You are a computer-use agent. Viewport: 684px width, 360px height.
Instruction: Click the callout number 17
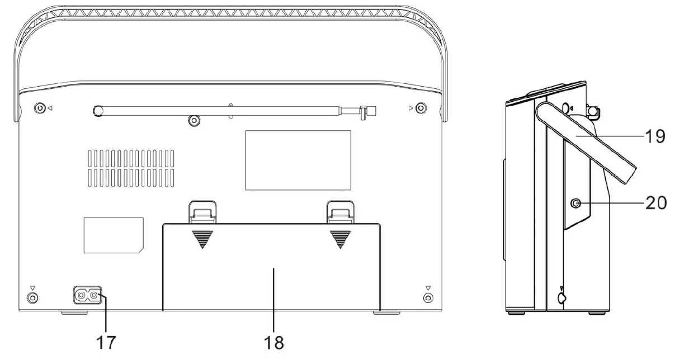pos(106,342)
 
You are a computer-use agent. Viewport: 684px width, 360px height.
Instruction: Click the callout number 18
pos(274,342)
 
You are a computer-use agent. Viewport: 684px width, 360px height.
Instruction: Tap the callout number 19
pos(655,136)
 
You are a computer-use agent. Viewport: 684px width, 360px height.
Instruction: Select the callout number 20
pos(656,202)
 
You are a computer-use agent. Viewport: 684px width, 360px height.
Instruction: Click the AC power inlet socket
pos(88,295)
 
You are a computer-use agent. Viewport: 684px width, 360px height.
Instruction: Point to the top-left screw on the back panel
pos(39,108)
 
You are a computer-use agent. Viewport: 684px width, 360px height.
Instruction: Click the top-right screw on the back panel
pos(421,108)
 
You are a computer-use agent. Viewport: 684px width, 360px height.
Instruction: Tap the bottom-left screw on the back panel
pos(32,297)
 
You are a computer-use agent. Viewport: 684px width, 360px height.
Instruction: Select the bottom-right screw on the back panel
pos(428,297)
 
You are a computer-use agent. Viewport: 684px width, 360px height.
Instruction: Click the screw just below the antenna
pos(194,121)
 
